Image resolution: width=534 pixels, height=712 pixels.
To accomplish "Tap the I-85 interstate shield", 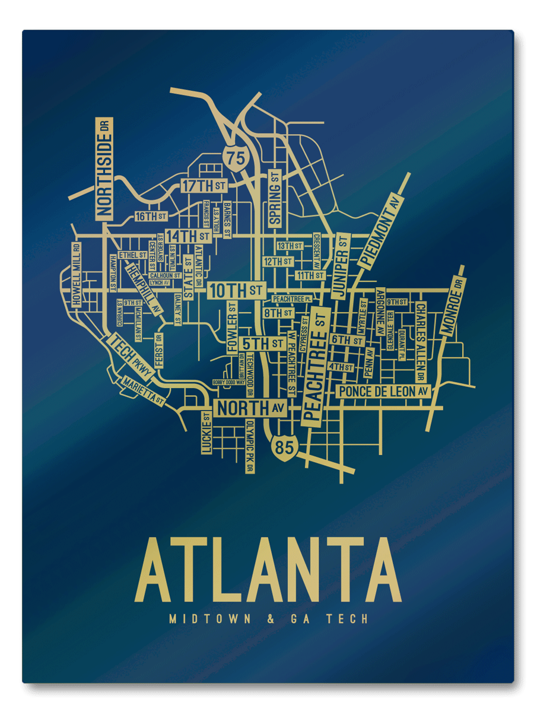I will [284, 446].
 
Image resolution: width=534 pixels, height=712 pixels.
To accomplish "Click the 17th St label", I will [204, 186].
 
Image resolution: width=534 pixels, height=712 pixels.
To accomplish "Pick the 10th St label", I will [236, 291].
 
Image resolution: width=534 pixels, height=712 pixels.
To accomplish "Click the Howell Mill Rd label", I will [77, 274].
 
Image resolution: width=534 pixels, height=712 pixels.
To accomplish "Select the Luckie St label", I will [206, 433].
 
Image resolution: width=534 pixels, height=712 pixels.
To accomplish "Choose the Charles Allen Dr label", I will [420, 341].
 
